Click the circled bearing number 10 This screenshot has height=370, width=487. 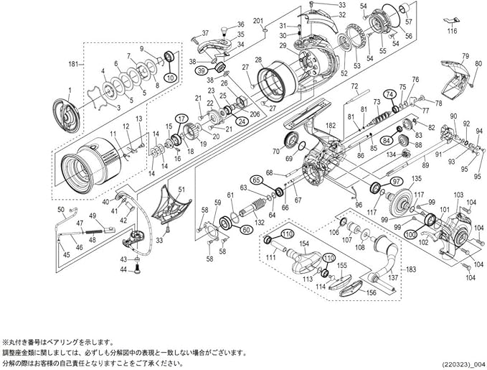(x=170, y=77)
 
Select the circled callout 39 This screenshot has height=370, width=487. (x=202, y=70)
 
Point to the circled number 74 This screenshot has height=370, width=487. (x=389, y=94)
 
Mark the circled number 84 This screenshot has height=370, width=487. (x=385, y=139)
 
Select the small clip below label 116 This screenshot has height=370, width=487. (x=450, y=20)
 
